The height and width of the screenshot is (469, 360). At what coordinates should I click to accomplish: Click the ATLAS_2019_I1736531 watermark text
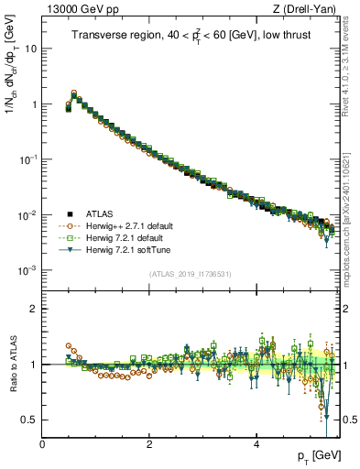coord(190,274)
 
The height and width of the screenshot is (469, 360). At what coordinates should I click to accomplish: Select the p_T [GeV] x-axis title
coord(318,455)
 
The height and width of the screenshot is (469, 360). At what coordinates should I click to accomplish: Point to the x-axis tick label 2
coord(149,442)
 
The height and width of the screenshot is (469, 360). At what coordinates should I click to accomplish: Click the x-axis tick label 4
coord(256,442)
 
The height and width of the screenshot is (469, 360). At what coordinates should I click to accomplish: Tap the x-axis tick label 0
coord(42,442)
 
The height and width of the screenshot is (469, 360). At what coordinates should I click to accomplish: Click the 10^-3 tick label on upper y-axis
coord(27,270)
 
